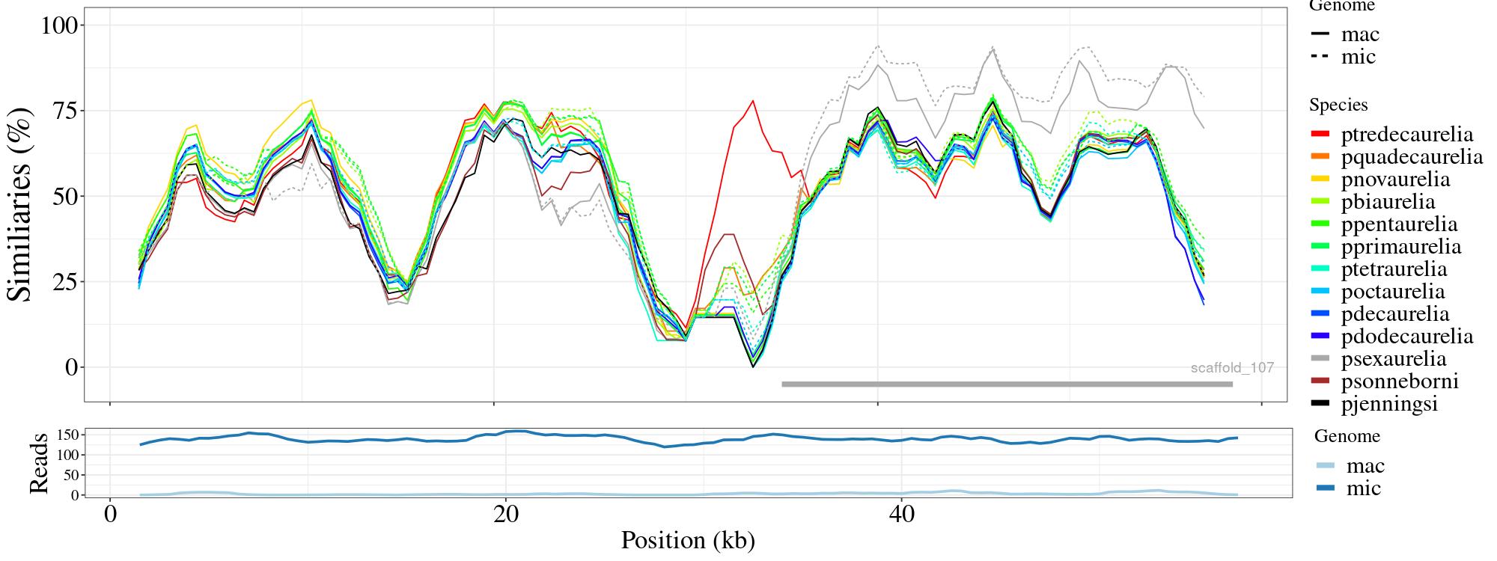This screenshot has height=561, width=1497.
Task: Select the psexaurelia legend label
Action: (1393, 359)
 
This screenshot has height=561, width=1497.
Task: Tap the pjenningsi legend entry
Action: (1389, 404)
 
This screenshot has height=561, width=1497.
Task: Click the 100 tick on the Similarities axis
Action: (59, 25)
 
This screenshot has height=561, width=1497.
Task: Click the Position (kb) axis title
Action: (687, 541)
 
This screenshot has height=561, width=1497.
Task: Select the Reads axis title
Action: (38, 464)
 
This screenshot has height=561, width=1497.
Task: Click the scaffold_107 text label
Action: (1231, 367)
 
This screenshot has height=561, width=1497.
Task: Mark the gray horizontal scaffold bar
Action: (1006, 384)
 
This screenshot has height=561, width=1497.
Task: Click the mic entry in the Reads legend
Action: (1363, 488)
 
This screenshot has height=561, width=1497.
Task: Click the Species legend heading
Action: (1338, 105)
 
